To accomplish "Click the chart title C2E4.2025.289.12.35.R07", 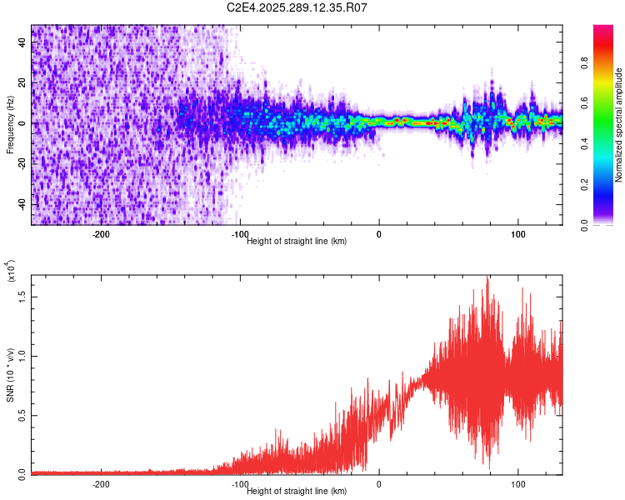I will (297, 7).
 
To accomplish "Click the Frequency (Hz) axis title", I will (10, 125).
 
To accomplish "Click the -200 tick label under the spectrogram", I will (100, 234).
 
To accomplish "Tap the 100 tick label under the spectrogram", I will (518, 234).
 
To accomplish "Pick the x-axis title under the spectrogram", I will (297, 241).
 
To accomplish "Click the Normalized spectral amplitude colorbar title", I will (619, 125).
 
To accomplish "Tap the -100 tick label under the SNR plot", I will (239, 484).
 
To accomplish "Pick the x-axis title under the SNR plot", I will (297, 491).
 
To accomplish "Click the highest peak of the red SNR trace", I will (487, 277).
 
